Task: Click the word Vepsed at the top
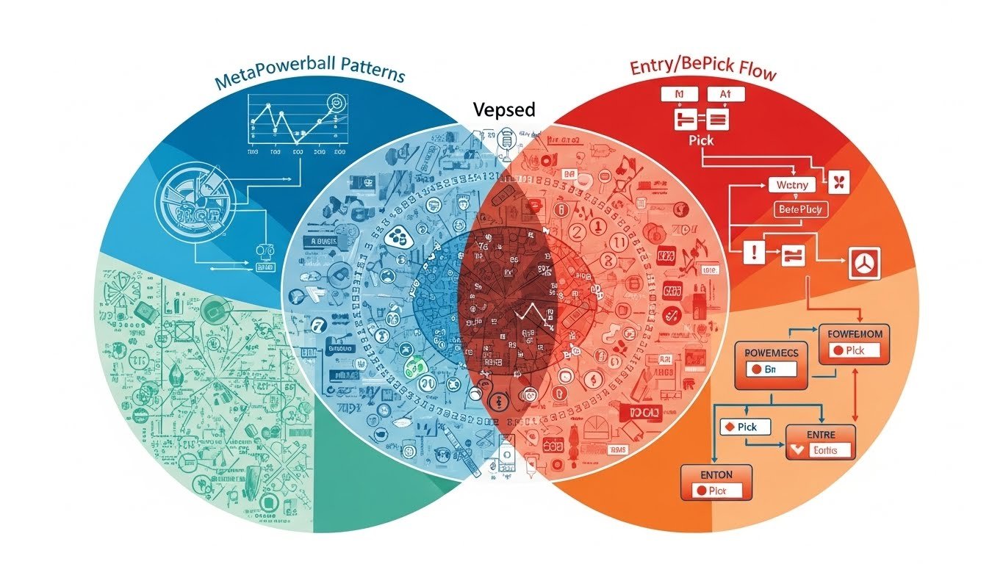tap(504, 110)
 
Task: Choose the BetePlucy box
tap(801, 210)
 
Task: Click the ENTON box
tap(716, 482)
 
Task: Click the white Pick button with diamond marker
tap(744, 427)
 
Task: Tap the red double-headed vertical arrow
tap(855, 389)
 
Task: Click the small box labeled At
tap(726, 94)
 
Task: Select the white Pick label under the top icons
tap(701, 140)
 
